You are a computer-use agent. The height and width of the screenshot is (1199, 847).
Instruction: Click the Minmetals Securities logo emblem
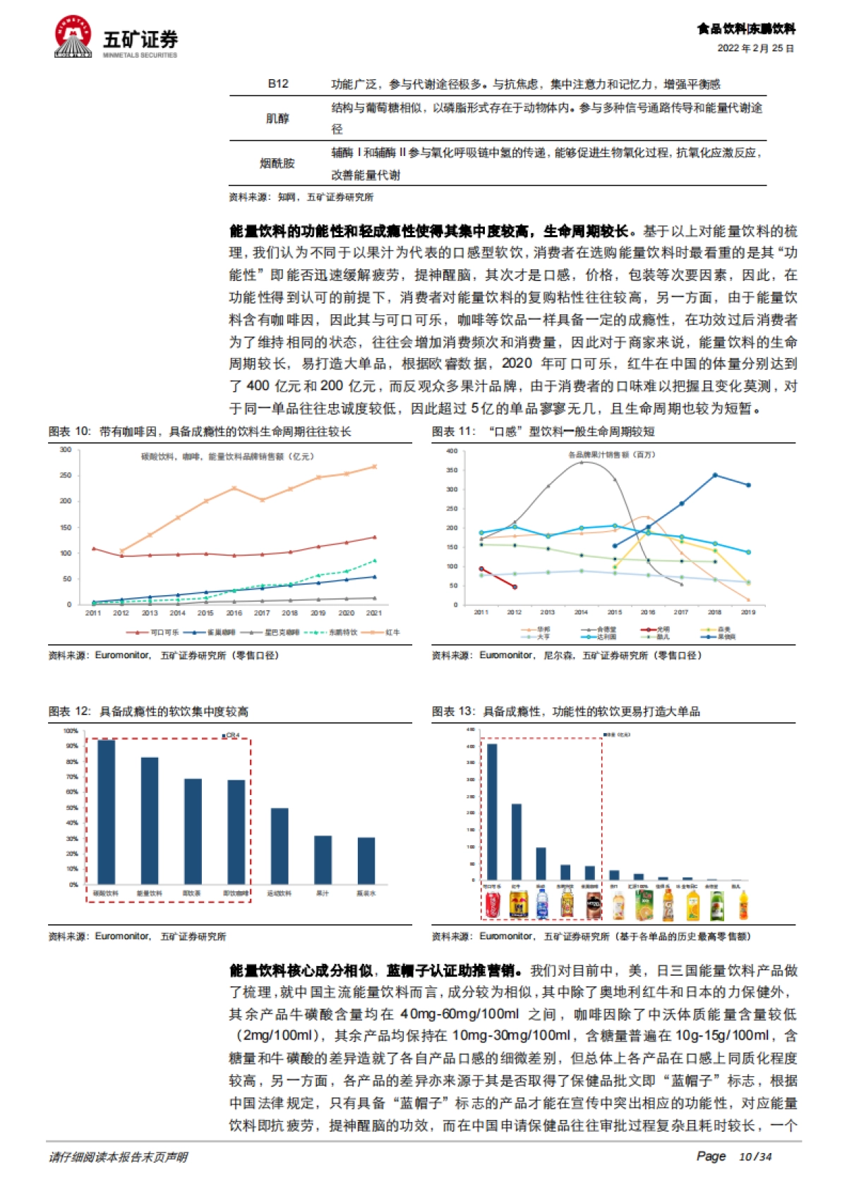pos(73,37)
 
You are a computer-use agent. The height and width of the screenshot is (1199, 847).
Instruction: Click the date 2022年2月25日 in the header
pos(755,48)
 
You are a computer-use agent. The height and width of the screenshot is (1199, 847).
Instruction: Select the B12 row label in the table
pos(277,83)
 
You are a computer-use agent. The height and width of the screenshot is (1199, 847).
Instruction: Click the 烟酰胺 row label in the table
pos(277,163)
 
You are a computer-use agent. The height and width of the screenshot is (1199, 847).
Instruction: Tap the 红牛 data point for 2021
pos(374,467)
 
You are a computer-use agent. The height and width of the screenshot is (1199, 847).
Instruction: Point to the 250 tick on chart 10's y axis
pos(66,475)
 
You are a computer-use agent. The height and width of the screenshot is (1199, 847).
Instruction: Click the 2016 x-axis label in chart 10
pos(234,613)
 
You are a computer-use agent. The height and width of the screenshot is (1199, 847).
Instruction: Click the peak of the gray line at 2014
pos(581,462)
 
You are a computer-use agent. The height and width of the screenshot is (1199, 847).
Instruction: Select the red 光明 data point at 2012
pos(515,587)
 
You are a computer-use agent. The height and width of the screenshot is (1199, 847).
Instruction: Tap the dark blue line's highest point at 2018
pos(715,475)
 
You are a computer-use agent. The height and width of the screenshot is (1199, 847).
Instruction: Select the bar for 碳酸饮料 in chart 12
pos(106,812)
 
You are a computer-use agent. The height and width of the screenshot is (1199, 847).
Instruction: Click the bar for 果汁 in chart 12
pos(323,860)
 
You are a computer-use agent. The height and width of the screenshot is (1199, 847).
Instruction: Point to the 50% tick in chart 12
pos(72,808)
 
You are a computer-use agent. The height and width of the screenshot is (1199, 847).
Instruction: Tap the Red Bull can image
pos(518,905)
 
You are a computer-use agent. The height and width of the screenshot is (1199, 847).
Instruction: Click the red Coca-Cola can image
pos(493,905)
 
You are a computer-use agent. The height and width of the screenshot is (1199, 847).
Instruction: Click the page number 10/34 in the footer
pos(755,1157)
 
